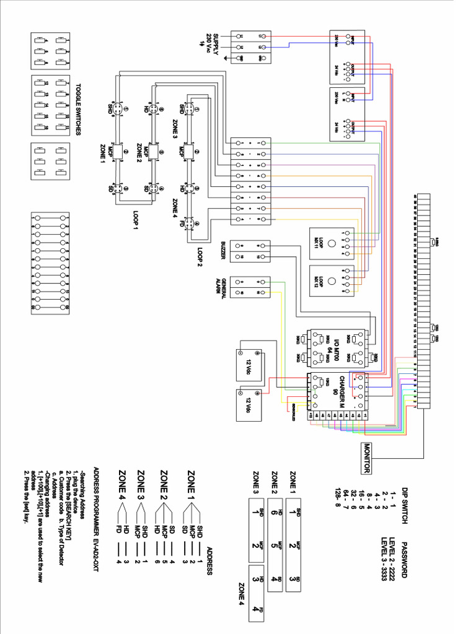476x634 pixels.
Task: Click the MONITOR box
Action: point(366,458)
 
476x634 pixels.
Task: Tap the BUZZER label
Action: point(223,250)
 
